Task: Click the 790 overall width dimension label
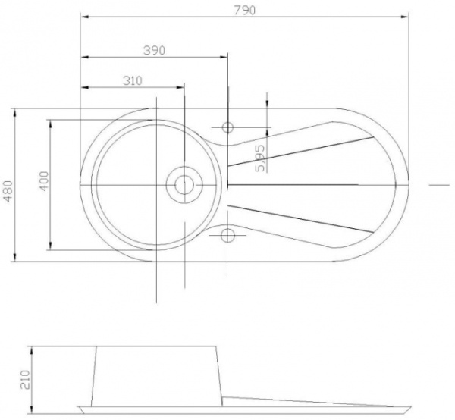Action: click(245, 10)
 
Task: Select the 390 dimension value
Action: click(155, 51)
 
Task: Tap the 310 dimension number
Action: click(133, 80)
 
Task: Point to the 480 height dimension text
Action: click(8, 191)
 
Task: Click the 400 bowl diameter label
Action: click(45, 181)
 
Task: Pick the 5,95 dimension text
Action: click(260, 158)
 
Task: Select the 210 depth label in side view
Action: click(25, 379)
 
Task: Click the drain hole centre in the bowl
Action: click(184, 184)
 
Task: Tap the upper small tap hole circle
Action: click(227, 127)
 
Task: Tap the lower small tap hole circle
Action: click(227, 235)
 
